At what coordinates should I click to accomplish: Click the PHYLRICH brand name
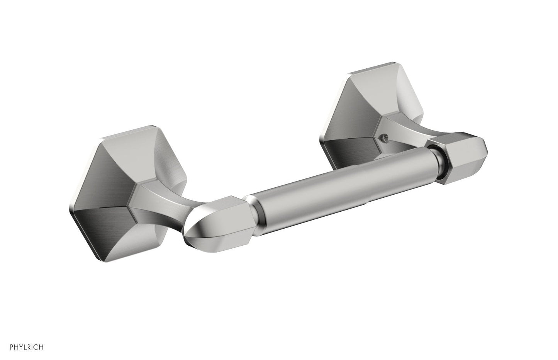pos(27,347)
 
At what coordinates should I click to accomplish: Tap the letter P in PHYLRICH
pos(12,347)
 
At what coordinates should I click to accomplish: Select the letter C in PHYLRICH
pos(36,347)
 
